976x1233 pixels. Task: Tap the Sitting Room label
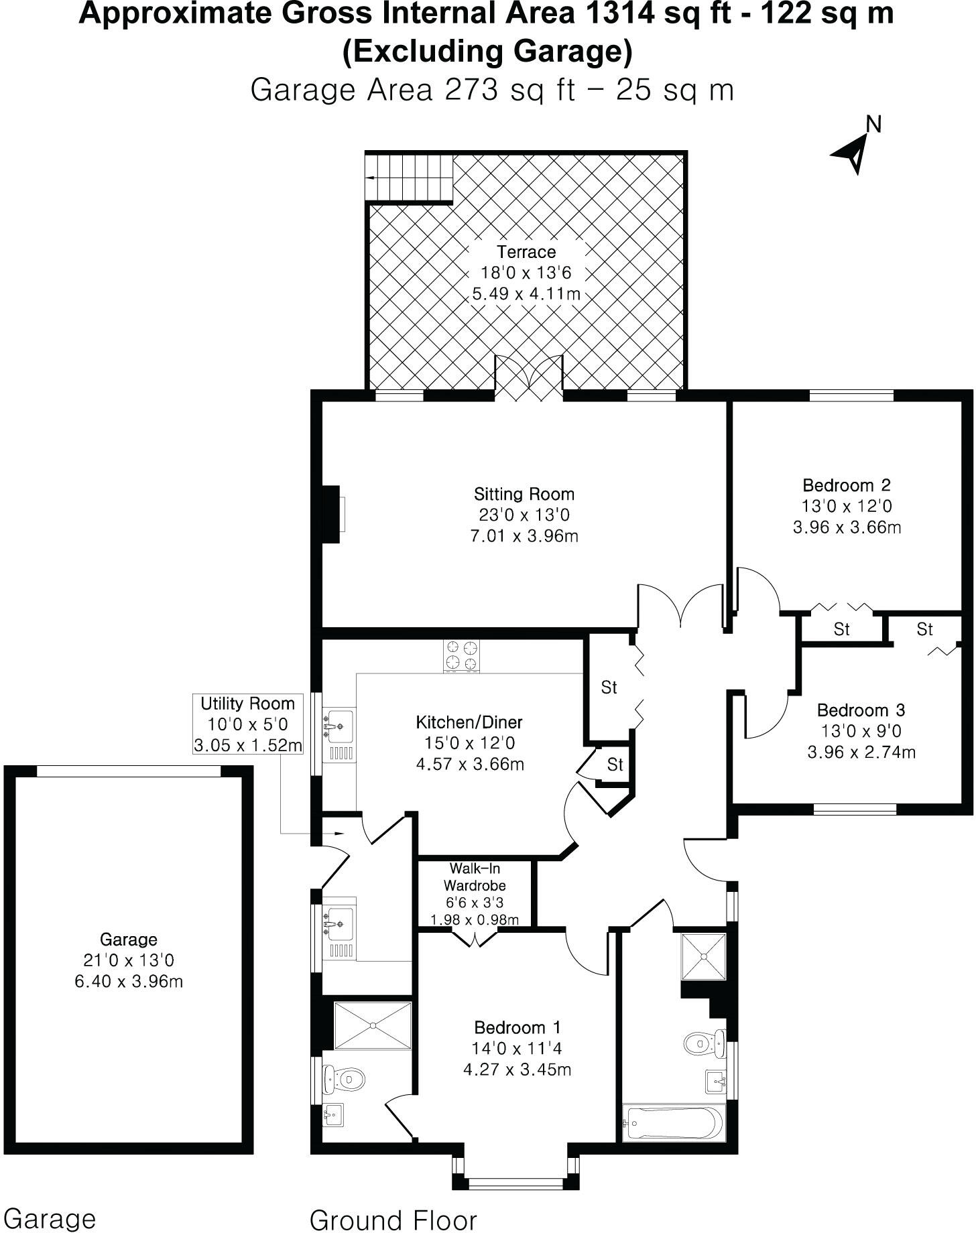[524, 495]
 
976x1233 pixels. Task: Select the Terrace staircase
[409, 178]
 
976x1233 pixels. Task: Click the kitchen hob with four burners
[463, 656]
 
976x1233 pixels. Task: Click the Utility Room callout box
[247, 724]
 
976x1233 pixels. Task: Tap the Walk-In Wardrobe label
[475, 877]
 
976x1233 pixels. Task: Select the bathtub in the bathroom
[674, 1123]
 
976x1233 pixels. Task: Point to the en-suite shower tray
[373, 1026]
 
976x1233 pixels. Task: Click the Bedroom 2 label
[847, 485]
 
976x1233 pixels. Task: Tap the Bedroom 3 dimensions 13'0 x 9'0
[861, 731]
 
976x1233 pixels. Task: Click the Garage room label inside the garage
[128, 939]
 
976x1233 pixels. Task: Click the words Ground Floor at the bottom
[393, 1220]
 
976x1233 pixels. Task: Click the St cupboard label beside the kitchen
[609, 688]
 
